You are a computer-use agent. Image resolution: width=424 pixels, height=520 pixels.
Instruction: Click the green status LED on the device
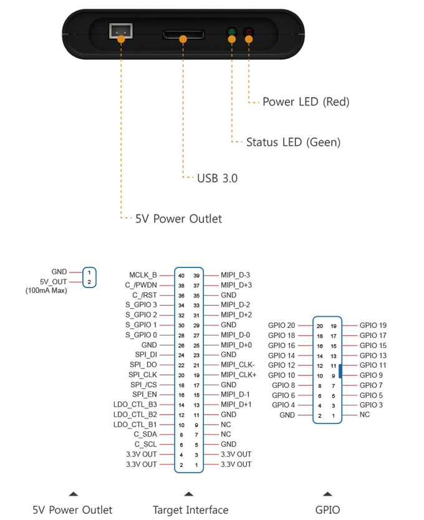(231, 32)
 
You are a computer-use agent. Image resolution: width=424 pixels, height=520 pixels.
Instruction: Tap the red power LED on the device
(249, 32)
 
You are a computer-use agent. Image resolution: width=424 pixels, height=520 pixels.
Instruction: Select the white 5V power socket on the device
(121, 31)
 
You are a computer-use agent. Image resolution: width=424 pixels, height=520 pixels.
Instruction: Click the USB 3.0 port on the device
(183, 34)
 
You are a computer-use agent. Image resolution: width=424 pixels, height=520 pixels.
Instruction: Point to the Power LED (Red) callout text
(306, 102)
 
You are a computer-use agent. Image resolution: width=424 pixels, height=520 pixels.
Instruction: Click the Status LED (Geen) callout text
(293, 142)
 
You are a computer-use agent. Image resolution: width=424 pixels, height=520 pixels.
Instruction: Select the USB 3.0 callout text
(218, 178)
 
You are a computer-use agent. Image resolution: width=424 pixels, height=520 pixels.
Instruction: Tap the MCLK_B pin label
(143, 275)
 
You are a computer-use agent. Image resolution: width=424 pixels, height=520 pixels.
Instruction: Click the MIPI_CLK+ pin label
(239, 375)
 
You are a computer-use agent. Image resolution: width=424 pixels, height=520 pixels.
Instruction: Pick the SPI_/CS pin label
(143, 385)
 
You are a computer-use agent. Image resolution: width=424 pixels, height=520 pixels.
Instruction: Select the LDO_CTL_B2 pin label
(135, 415)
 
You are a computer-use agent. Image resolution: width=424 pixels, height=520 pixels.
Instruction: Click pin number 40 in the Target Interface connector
(181, 276)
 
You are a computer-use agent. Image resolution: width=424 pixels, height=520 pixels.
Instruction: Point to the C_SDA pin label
(145, 435)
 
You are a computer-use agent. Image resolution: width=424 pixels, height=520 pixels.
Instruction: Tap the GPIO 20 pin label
(281, 325)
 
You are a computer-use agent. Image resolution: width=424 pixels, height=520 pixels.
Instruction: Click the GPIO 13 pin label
(373, 355)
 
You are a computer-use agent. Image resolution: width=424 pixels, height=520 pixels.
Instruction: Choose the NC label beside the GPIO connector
(365, 415)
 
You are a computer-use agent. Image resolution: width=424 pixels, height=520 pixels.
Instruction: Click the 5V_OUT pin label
(54, 282)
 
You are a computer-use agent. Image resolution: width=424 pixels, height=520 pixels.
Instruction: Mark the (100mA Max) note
(46, 291)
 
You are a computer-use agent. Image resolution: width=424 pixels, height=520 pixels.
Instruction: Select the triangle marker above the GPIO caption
(327, 494)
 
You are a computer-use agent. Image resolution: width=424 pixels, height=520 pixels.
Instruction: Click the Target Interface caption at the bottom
(190, 510)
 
